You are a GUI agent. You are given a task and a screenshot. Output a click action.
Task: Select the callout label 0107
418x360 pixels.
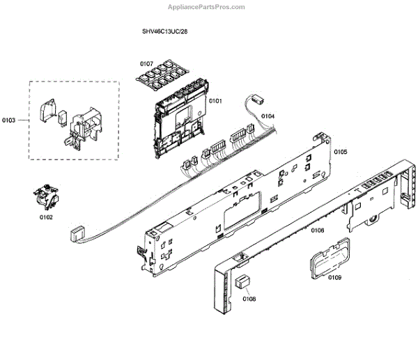(x=146, y=63)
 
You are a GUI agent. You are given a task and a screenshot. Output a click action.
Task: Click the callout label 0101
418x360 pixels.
(x=215, y=101)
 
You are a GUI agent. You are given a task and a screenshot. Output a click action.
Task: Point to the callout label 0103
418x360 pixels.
(x=9, y=120)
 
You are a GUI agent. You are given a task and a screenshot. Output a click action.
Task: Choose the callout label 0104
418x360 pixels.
(x=268, y=116)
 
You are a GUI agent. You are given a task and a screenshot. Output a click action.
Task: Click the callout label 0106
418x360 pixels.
(x=318, y=230)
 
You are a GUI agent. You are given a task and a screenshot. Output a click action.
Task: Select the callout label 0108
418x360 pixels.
(x=249, y=299)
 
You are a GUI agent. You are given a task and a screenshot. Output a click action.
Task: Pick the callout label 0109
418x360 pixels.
(x=334, y=278)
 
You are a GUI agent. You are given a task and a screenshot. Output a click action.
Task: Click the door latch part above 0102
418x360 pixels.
(x=46, y=196)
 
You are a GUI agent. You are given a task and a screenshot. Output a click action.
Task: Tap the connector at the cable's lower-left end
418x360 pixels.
(x=75, y=233)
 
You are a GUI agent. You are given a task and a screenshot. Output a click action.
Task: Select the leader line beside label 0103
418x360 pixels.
(x=22, y=120)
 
